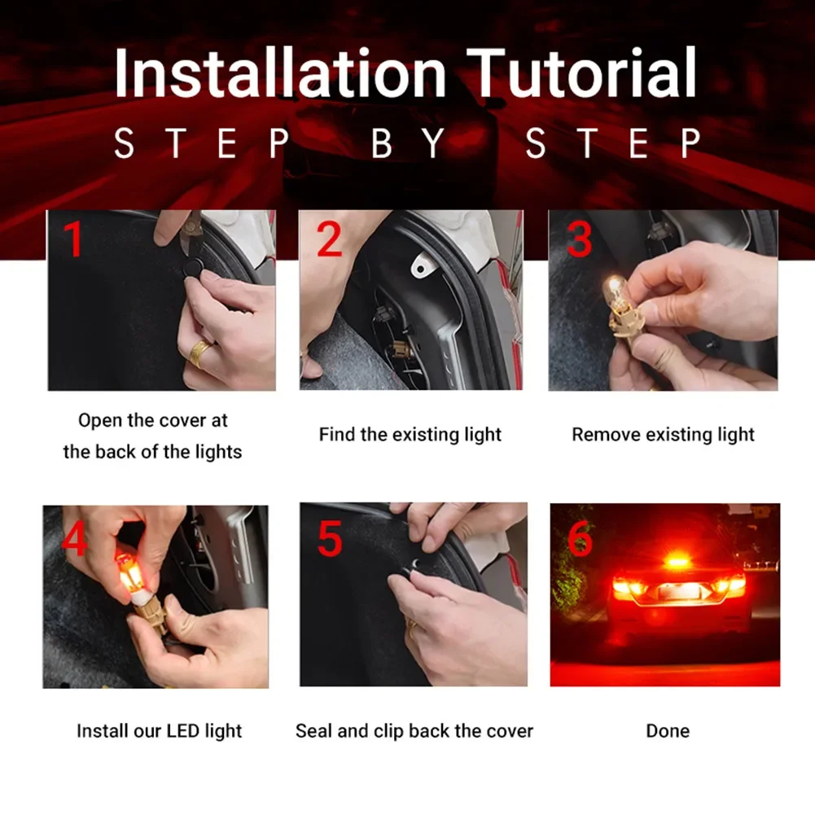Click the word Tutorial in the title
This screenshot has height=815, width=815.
click(x=585, y=73)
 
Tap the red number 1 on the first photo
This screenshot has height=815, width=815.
click(x=74, y=240)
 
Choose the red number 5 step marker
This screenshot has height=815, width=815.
click(x=329, y=540)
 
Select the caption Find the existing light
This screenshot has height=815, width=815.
click(x=410, y=435)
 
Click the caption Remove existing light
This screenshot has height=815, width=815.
click(x=663, y=435)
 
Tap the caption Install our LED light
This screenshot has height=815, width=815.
click(x=159, y=731)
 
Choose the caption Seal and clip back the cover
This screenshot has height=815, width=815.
click(x=414, y=731)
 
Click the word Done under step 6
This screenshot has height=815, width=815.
click(x=667, y=731)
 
